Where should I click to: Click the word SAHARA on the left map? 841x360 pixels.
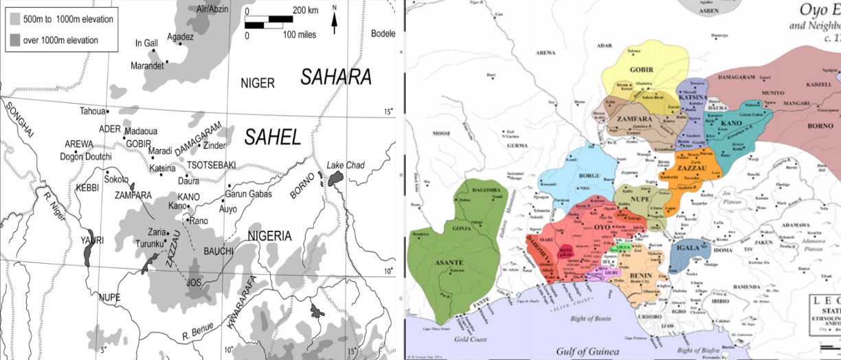(x=335, y=77)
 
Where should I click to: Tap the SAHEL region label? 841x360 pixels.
(x=273, y=138)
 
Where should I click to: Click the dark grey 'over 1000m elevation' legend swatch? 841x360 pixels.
(x=14, y=40)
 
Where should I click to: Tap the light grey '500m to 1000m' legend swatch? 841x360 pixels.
(x=14, y=19)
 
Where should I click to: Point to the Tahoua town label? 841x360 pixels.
(x=93, y=111)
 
